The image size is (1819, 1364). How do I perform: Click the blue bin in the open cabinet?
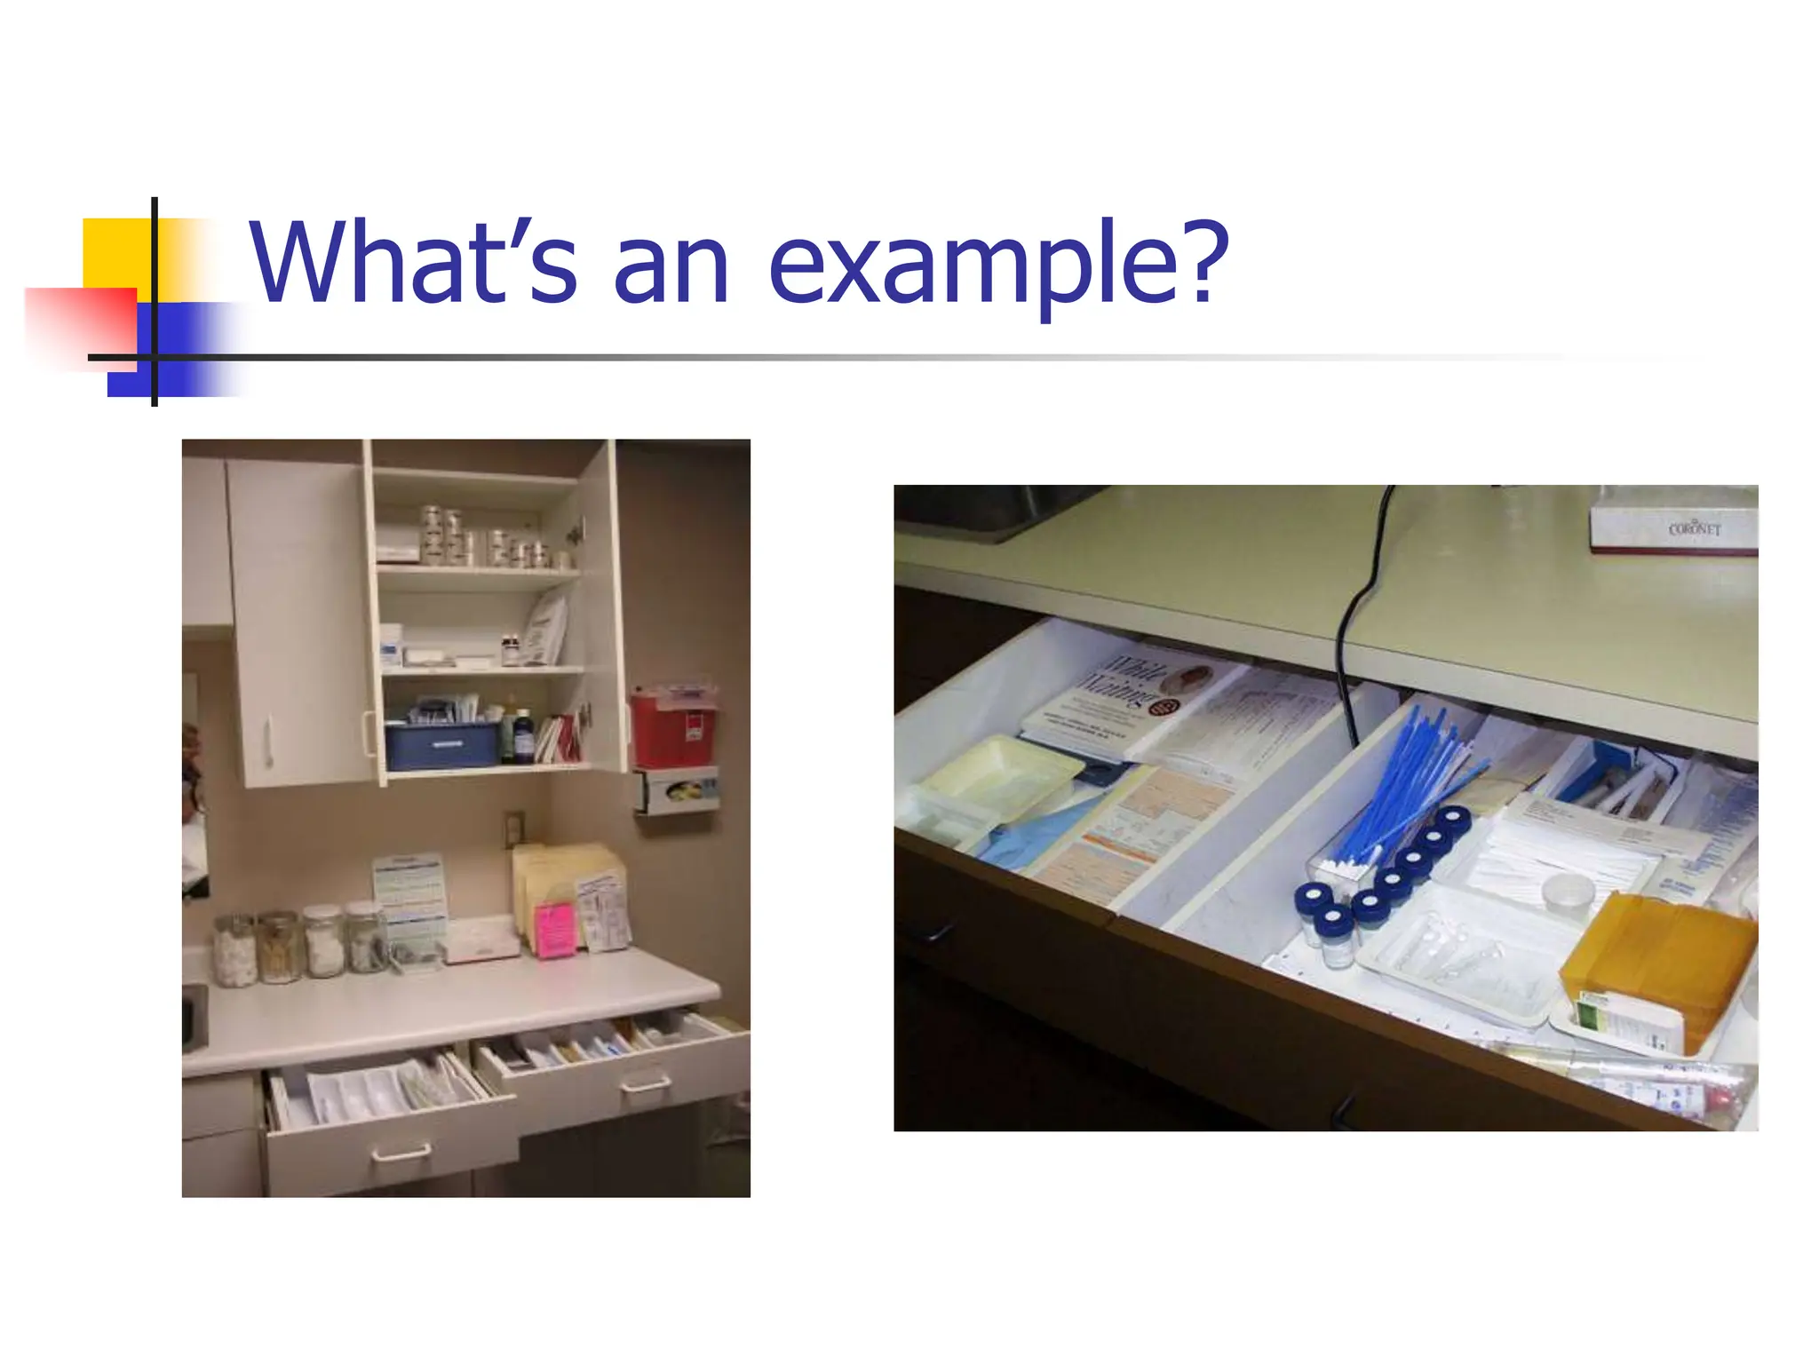click(441, 744)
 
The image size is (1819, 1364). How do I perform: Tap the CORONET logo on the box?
click(1694, 528)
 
